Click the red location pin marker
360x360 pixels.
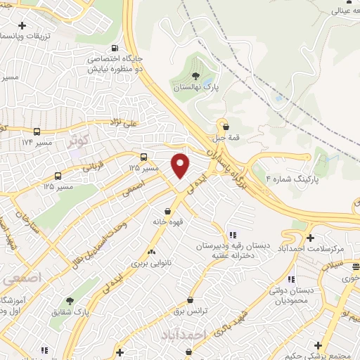(181, 165)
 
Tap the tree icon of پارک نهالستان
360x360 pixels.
(195, 75)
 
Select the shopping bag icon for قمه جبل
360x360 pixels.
(225, 127)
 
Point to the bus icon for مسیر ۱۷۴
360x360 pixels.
(37, 131)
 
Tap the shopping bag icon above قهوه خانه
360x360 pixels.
(167, 210)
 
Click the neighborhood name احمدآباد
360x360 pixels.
(185, 335)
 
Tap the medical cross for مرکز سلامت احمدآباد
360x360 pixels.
(310, 238)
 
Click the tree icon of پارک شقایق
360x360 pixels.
(68, 301)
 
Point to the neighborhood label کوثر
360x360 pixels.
(80, 139)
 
